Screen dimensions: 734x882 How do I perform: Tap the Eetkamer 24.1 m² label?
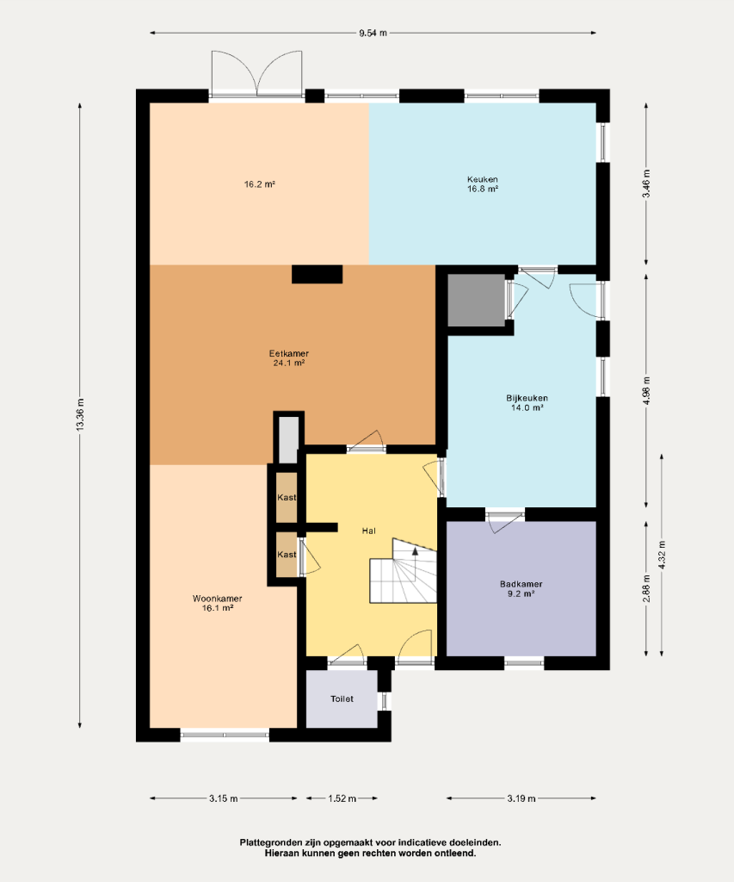point(289,358)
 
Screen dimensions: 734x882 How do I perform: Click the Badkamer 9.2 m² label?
point(521,588)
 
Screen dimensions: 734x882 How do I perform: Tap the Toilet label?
point(342,699)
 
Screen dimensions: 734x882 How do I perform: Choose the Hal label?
point(368,531)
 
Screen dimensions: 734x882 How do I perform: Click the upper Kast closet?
point(287,498)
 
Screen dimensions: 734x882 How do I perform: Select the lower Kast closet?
point(287,555)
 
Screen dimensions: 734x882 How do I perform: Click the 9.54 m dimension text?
point(373,33)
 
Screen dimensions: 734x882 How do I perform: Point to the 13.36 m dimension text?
point(80,415)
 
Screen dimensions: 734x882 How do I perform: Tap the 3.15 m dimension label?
point(224,798)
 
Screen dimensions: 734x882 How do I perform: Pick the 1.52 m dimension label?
point(342,798)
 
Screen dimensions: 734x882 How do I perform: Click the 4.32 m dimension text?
point(662,556)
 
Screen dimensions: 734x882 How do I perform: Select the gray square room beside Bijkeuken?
point(477,301)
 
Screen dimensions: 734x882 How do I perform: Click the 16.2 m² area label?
point(260,184)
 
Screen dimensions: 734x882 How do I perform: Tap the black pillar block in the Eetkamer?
point(317,274)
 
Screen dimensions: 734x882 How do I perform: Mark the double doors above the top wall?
point(256,73)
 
